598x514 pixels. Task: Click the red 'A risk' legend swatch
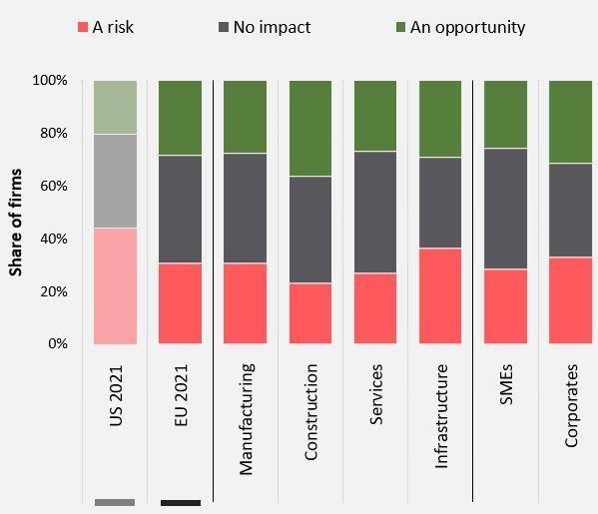point(83,27)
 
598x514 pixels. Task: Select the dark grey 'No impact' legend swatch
point(224,27)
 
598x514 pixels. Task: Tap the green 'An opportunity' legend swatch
point(400,27)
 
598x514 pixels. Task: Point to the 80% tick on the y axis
point(54,133)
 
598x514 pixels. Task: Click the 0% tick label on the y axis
point(58,343)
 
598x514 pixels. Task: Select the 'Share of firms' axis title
point(16,223)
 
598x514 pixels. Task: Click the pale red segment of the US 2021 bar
point(115,286)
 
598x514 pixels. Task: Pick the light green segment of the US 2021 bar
point(115,107)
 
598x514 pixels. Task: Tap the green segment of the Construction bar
point(310,128)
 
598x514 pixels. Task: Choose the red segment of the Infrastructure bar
point(440,295)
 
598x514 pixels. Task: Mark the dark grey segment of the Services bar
point(375,212)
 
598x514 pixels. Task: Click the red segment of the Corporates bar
point(570,300)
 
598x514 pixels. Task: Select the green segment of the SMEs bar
point(506,114)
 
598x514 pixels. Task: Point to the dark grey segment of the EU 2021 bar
point(180,209)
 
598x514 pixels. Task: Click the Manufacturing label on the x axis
point(246,419)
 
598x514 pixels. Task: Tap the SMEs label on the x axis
point(506,384)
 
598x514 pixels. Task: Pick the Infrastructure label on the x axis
point(441,416)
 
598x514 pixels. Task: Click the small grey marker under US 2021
point(115,503)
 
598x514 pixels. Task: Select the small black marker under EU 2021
point(181,503)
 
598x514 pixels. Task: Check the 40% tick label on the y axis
point(54,239)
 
